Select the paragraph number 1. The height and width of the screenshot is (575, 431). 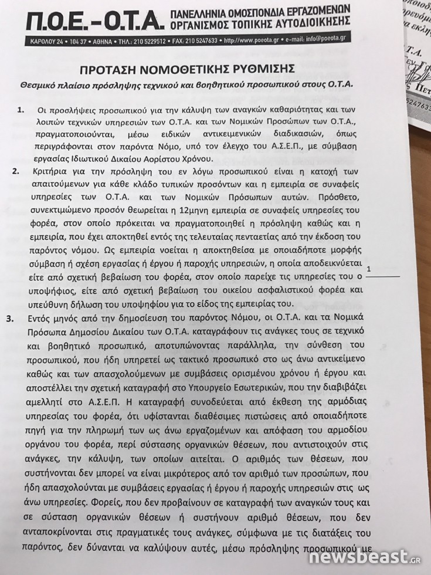[x=22, y=110]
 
